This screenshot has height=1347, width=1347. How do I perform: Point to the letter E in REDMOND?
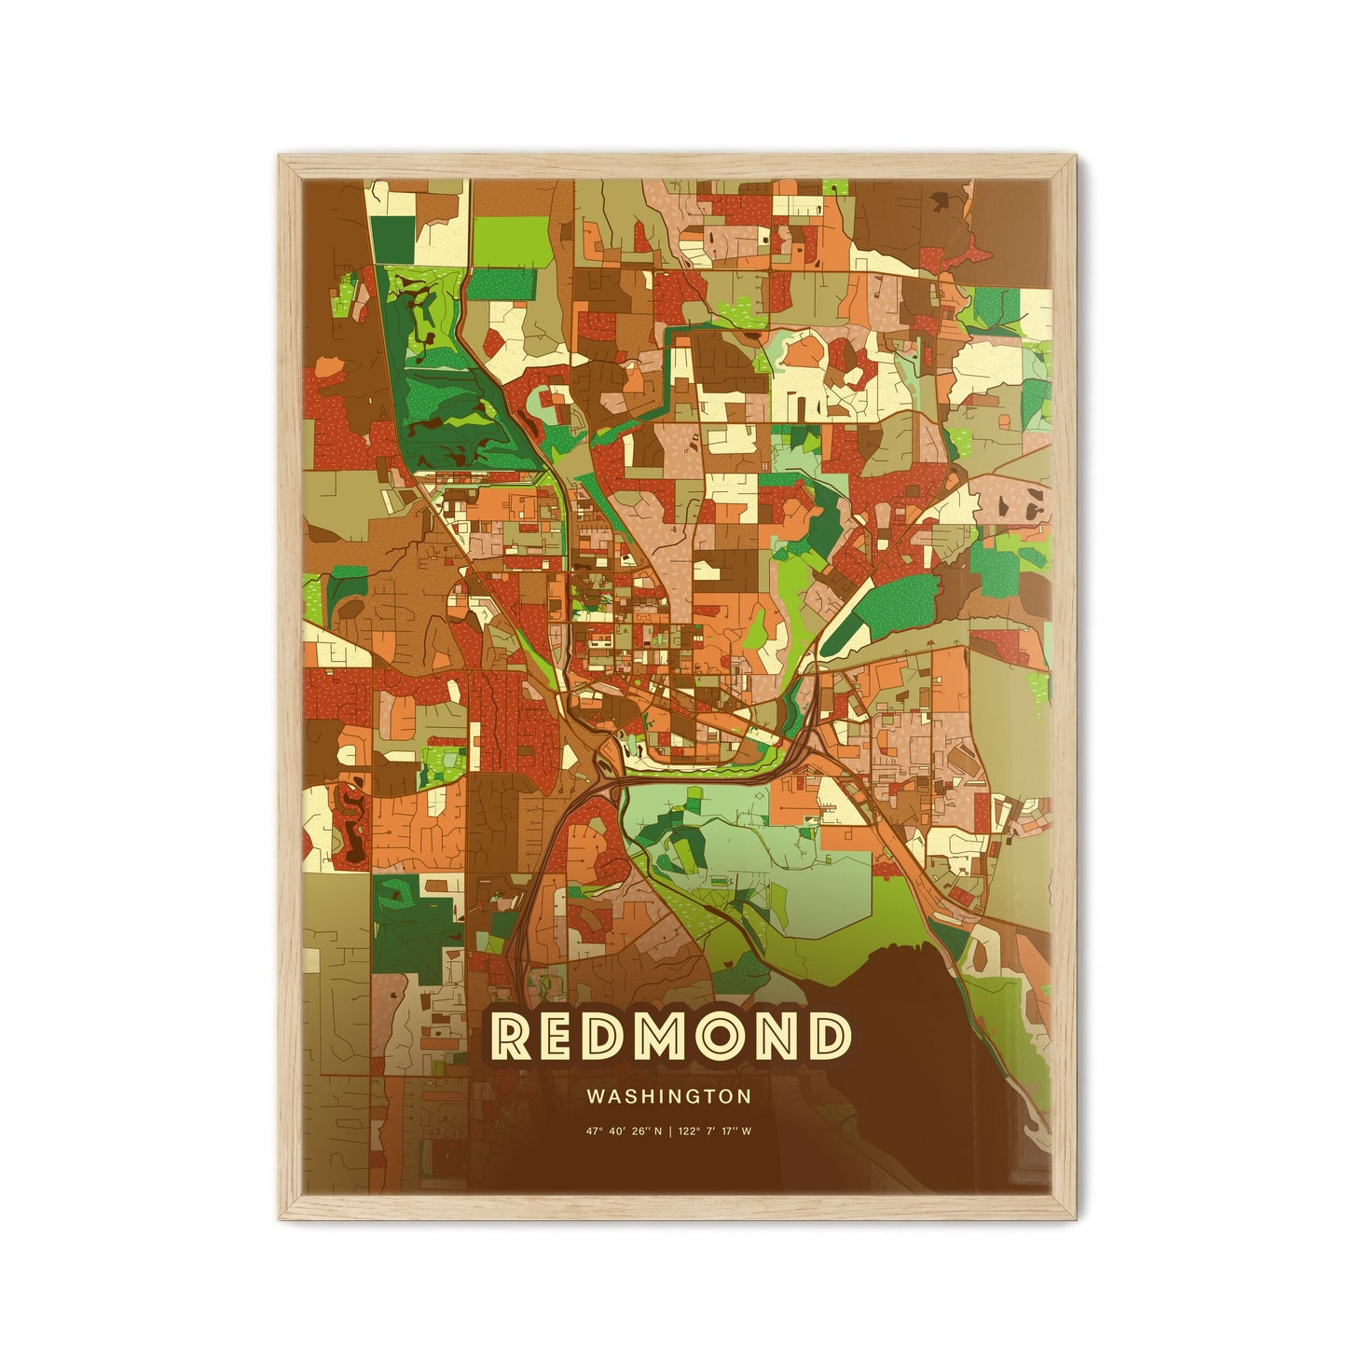pyautogui.click(x=561, y=1036)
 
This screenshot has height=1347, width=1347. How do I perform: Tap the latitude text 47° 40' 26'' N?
pyautogui.click(x=624, y=1132)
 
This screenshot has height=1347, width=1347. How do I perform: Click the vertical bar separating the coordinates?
pyautogui.click(x=670, y=1132)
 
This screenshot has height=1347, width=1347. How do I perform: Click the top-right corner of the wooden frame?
pyautogui.click(x=1075, y=157)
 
